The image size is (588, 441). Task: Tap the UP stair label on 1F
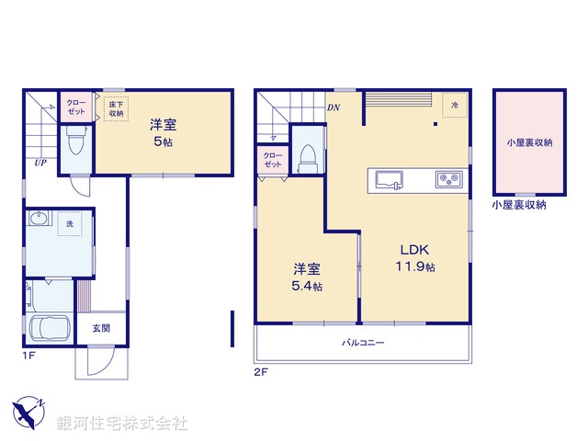click(x=41, y=163)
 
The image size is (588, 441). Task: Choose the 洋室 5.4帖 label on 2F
click(x=307, y=277)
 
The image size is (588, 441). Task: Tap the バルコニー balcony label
click(x=363, y=343)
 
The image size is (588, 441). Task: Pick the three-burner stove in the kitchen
click(x=448, y=179)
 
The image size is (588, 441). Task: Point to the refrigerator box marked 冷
click(x=454, y=105)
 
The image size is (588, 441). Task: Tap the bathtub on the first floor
click(x=49, y=328)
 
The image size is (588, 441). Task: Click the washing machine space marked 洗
click(x=67, y=224)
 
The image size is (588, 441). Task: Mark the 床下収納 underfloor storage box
click(x=115, y=108)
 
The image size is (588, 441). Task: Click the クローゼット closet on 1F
click(x=75, y=106)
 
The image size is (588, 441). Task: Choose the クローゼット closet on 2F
click(x=273, y=160)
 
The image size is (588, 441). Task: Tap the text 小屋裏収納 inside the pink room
click(x=528, y=142)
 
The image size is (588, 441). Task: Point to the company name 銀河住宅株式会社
click(x=122, y=424)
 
